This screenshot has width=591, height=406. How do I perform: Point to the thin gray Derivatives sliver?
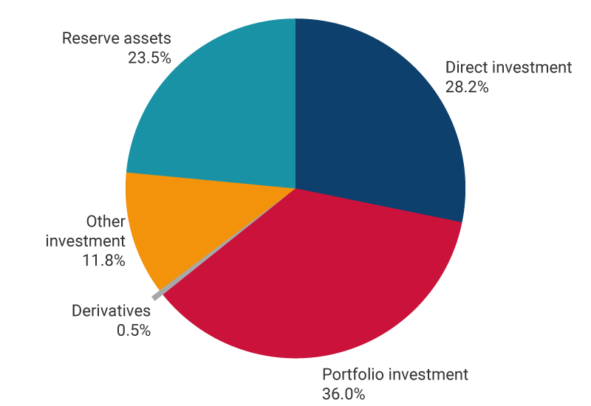coord(157,296)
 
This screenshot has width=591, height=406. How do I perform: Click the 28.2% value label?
coord(466,86)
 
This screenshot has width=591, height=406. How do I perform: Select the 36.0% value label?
coord(344,393)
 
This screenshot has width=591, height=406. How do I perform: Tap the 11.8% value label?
coord(103,260)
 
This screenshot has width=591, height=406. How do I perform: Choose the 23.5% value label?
coord(149,58)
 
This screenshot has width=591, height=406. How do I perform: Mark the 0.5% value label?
coord(134,330)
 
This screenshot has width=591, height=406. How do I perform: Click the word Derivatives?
coord(111,311)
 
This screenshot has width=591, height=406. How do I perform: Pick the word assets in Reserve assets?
coord(147,38)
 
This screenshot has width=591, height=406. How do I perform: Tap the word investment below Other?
coord(86,241)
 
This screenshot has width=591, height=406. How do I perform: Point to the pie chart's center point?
coord(295,189)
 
